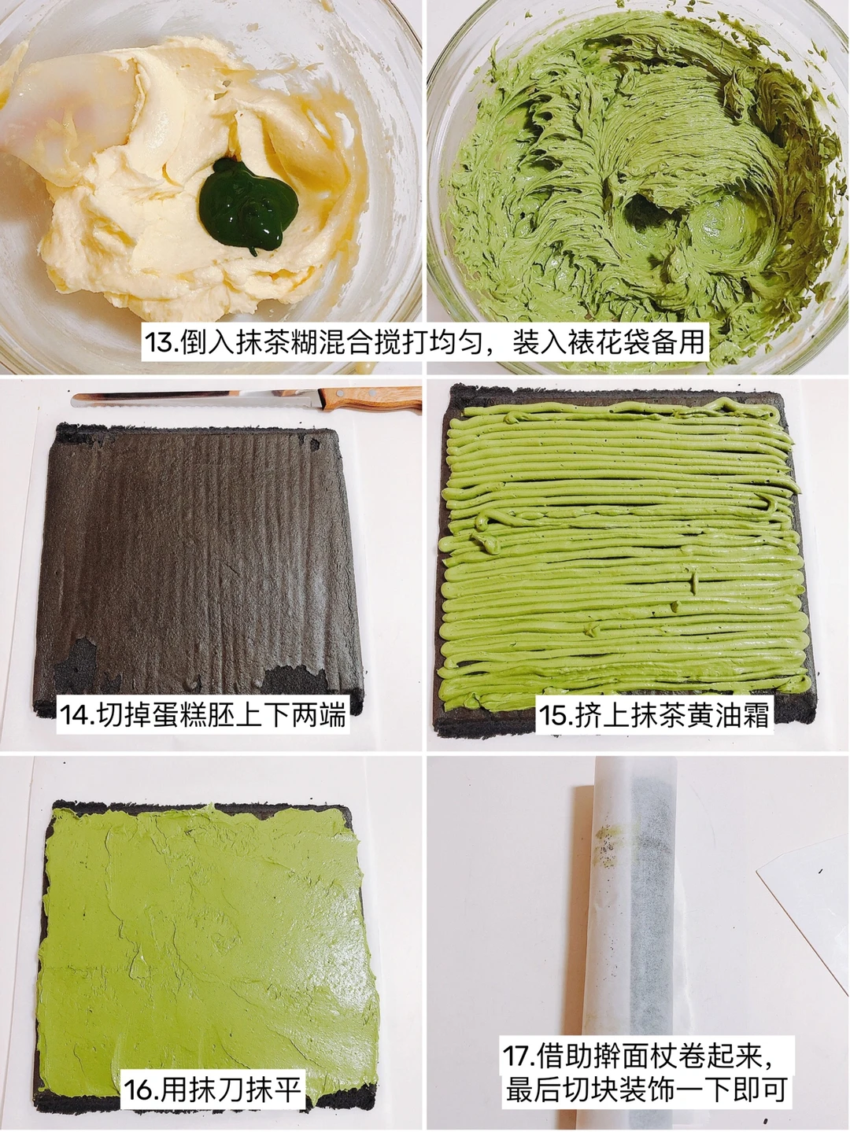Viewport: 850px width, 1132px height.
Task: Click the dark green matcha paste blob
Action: [x=248, y=206]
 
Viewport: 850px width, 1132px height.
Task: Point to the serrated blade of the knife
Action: [x=197, y=400]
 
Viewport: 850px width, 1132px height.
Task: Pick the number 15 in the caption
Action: [x=556, y=715]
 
